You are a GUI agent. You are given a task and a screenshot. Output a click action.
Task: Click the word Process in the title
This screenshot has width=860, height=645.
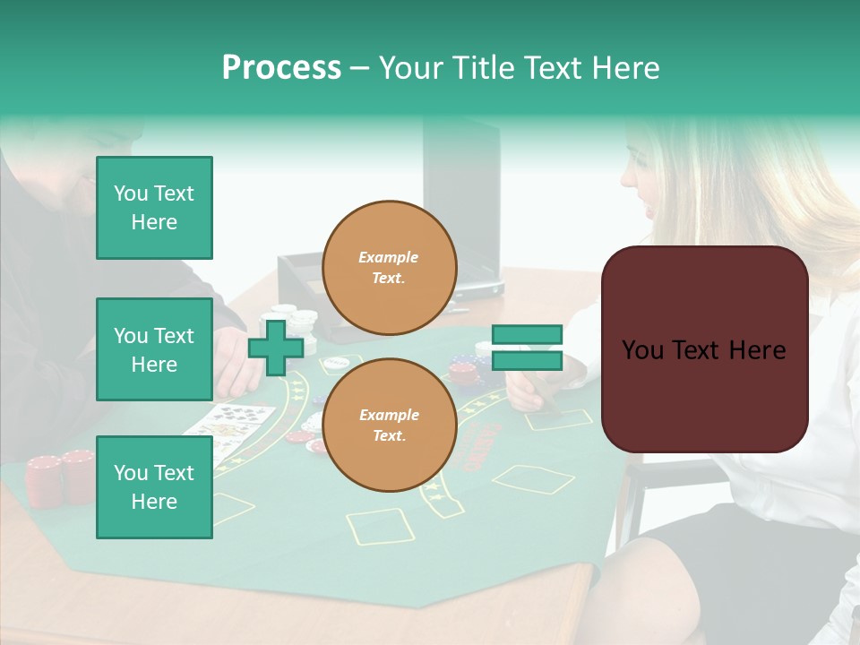(281, 68)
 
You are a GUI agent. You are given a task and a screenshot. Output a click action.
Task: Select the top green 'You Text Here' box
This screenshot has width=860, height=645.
(154, 208)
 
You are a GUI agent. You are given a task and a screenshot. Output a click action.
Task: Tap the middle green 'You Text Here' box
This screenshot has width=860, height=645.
(154, 349)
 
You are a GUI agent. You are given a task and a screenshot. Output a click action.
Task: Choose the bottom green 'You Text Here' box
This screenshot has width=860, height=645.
(154, 487)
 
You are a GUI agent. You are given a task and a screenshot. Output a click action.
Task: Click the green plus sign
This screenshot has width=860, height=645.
(276, 348)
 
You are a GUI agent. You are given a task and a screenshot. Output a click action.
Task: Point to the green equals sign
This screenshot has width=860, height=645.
(527, 348)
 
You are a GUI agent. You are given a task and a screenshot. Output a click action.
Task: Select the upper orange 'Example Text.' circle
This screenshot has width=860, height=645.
(389, 267)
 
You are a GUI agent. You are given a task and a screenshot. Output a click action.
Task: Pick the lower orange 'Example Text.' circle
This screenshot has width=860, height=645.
(389, 425)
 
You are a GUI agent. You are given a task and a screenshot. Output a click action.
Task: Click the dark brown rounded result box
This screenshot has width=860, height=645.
(704, 349)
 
